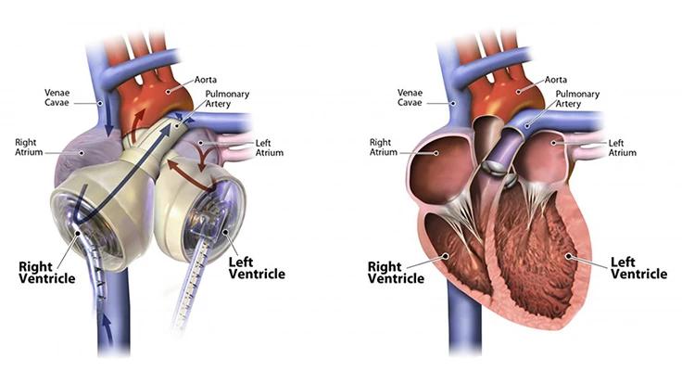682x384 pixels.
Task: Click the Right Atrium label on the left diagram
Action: (x=30, y=147)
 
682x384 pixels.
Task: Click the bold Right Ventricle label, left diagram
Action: (x=47, y=273)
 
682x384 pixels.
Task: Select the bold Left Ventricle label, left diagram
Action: (x=256, y=267)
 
